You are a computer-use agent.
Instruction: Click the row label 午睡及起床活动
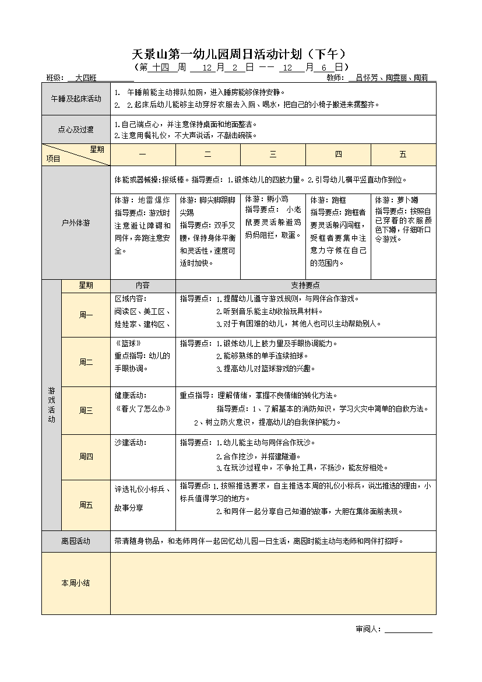[x=76, y=99]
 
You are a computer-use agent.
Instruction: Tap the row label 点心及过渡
[x=76, y=129]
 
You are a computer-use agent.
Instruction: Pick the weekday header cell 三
[x=273, y=154]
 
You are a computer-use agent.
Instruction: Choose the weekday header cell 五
[x=403, y=154]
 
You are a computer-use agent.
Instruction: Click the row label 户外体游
[x=76, y=222]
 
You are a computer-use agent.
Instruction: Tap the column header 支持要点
[x=305, y=286]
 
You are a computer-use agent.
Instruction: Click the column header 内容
[x=143, y=286]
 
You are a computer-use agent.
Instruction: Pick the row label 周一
[x=86, y=315]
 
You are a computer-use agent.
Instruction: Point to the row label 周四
[x=86, y=457]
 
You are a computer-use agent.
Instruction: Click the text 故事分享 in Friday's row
[x=129, y=508]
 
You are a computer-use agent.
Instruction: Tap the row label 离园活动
[x=76, y=542]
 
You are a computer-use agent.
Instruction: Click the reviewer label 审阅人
[x=368, y=629]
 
